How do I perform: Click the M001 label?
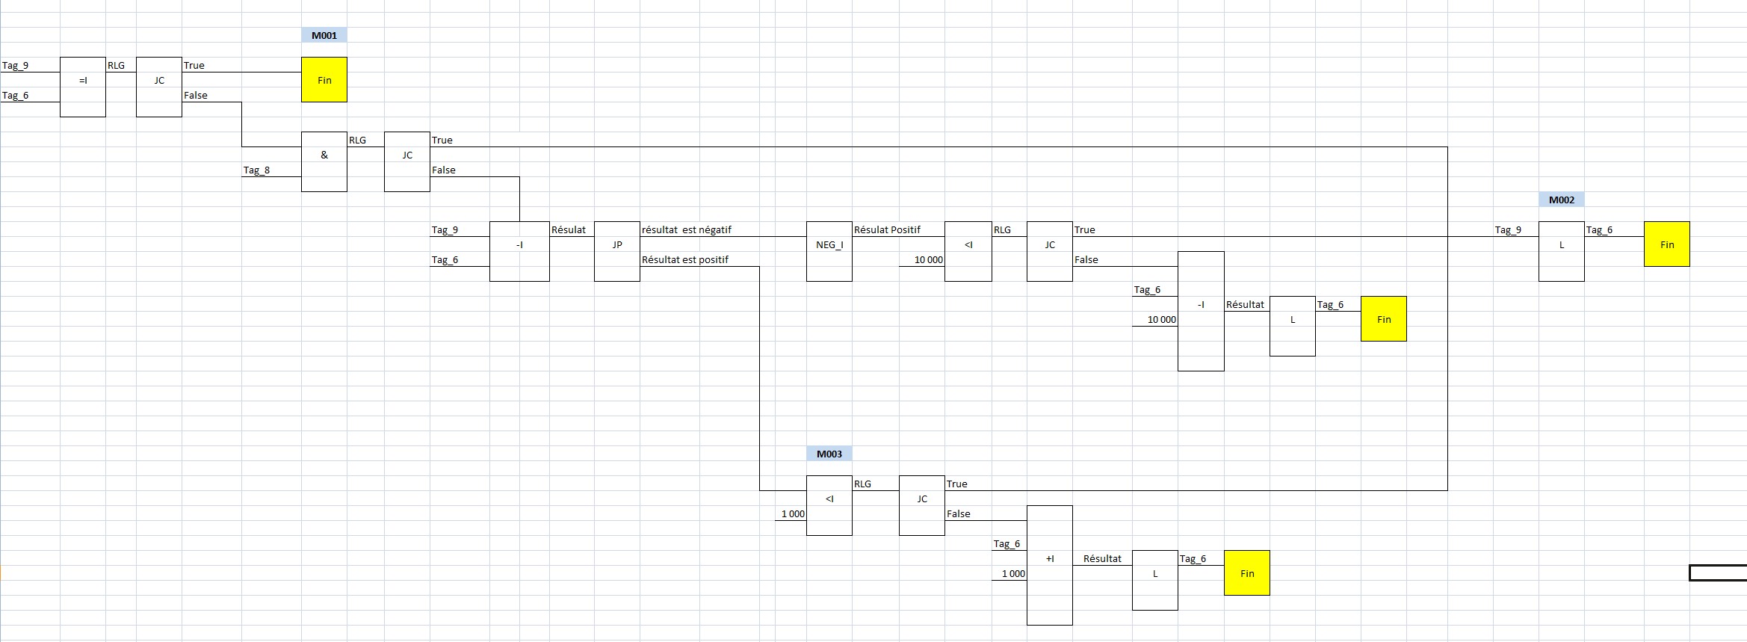click(x=324, y=35)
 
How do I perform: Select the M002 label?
click(x=1561, y=200)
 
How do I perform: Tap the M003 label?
click(x=829, y=454)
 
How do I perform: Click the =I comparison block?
click(x=83, y=87)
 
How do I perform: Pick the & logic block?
click(x=324, y=161)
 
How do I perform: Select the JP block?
click(x=617, y=251)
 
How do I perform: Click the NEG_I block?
click(x=829, y=251)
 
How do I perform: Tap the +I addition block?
click(x=1050, y=565)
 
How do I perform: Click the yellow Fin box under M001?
click(x=324, y=80)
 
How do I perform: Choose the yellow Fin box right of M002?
click(x=1666, y=244)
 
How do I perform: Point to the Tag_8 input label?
click(x=256, y=170)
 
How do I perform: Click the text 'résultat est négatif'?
click(x=686, y=230)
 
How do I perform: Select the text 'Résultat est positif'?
click(x=684, y=260)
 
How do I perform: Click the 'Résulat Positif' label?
click(x=887, y=230)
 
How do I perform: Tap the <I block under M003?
click(x=829, y=505)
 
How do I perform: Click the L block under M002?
click(x=1561, y=251)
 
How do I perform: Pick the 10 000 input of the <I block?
click(x=929, y=260)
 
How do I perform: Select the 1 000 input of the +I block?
click(x=1013, y=574)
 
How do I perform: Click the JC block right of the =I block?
click(x=159, y=87)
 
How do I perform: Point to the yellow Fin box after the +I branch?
click(x=1247, y=573)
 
